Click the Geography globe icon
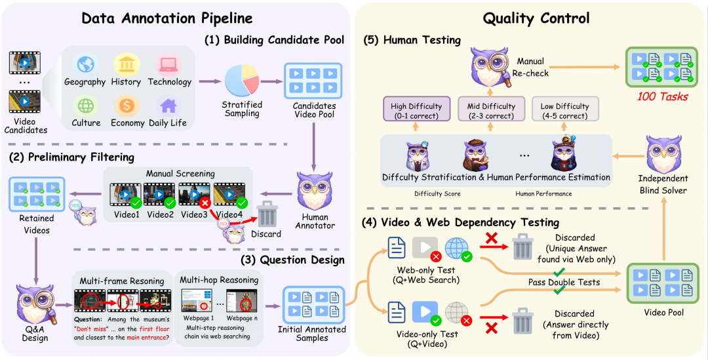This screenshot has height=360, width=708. point(85,64)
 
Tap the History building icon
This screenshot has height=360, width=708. point(126,64)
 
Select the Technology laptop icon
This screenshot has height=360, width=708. point(169,64)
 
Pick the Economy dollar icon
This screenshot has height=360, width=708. point(126,105)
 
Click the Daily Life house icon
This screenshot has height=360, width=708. point(169,105)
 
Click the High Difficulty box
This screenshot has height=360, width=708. point(416,111)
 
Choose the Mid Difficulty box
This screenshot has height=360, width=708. point(491,111)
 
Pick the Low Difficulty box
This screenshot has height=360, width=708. point(566,111)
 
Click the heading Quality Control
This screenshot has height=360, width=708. point(536,18)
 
